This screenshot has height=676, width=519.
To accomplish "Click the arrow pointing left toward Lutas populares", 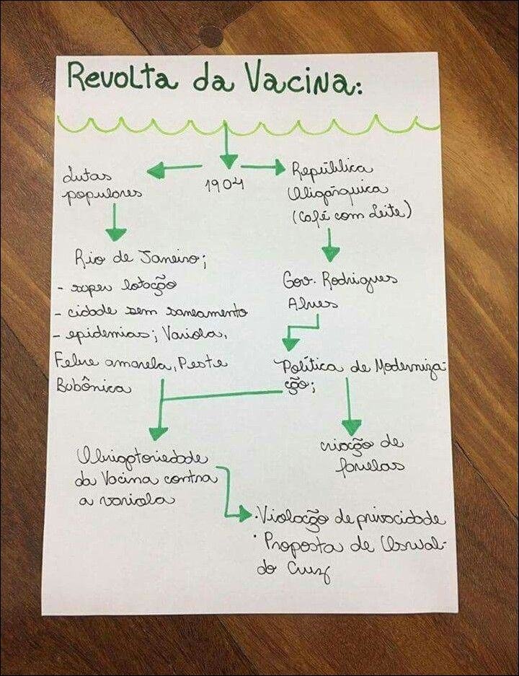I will point(174,170).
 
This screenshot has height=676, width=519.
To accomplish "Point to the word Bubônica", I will point(94,387).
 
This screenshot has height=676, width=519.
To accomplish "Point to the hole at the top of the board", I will point(211,33).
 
